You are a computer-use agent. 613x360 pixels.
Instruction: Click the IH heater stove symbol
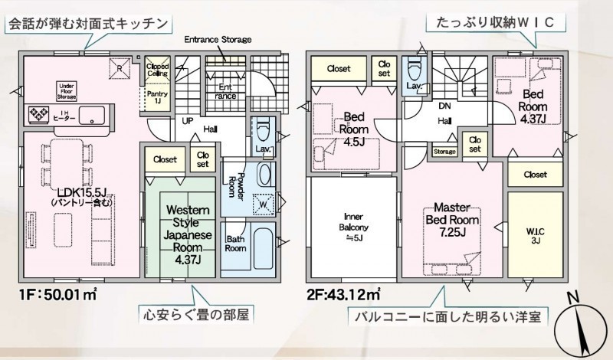coord(39,115)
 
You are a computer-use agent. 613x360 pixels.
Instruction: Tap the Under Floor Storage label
coord(67,91)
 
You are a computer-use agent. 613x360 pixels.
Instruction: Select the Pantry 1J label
coord(157,97)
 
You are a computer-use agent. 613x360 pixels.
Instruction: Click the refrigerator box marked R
coord(120,67)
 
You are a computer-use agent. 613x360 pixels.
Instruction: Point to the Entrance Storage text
coord(218,40)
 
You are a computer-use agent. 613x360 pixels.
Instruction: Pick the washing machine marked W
coord(263,204)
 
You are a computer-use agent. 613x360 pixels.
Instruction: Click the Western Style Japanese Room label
coord(188,234)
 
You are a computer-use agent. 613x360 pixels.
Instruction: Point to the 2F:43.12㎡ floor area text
coord(343,295)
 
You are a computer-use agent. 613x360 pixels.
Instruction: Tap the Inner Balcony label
coord(353,227)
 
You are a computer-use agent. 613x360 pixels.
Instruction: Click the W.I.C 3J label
coord(535,236)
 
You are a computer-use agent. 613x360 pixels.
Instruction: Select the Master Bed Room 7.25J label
coord(452,220)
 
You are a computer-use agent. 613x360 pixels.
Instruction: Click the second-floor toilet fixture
coord(414,68)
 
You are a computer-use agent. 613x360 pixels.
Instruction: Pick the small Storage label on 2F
coord(444,152)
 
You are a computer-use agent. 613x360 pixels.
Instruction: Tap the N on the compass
coord(572,298)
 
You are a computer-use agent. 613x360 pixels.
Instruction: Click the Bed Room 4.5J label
coord(354,129)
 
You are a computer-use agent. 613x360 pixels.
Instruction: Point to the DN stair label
coord(444,106)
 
